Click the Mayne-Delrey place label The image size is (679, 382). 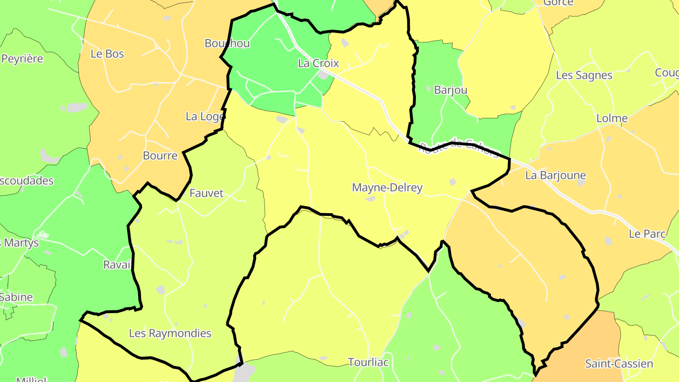(x=387, y=188)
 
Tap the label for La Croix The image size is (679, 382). (x=318, y=63)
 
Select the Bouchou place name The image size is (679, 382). (x=227, y=43)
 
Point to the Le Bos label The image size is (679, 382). (x=107, y=54)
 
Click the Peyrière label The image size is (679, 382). (x=22, y=59)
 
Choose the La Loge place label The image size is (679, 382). (x=205, y=116)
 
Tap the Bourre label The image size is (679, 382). (x=160, y=156)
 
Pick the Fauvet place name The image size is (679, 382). (x=206, y=193)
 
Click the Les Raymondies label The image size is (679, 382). (x=170, y=333)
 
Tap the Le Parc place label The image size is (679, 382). (x=647, y=234)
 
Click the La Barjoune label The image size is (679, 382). (x=555, y=175)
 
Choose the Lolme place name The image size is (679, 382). (x=612, y=118)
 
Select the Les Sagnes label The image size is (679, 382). (x=584, y=75)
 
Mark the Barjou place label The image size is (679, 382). (x=450, y=90)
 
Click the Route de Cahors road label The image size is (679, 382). (x=458, y=148)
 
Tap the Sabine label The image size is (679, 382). (x=17, y=297)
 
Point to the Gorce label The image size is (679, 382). (x=558, y=3)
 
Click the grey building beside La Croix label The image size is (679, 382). (x=323, y=75)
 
